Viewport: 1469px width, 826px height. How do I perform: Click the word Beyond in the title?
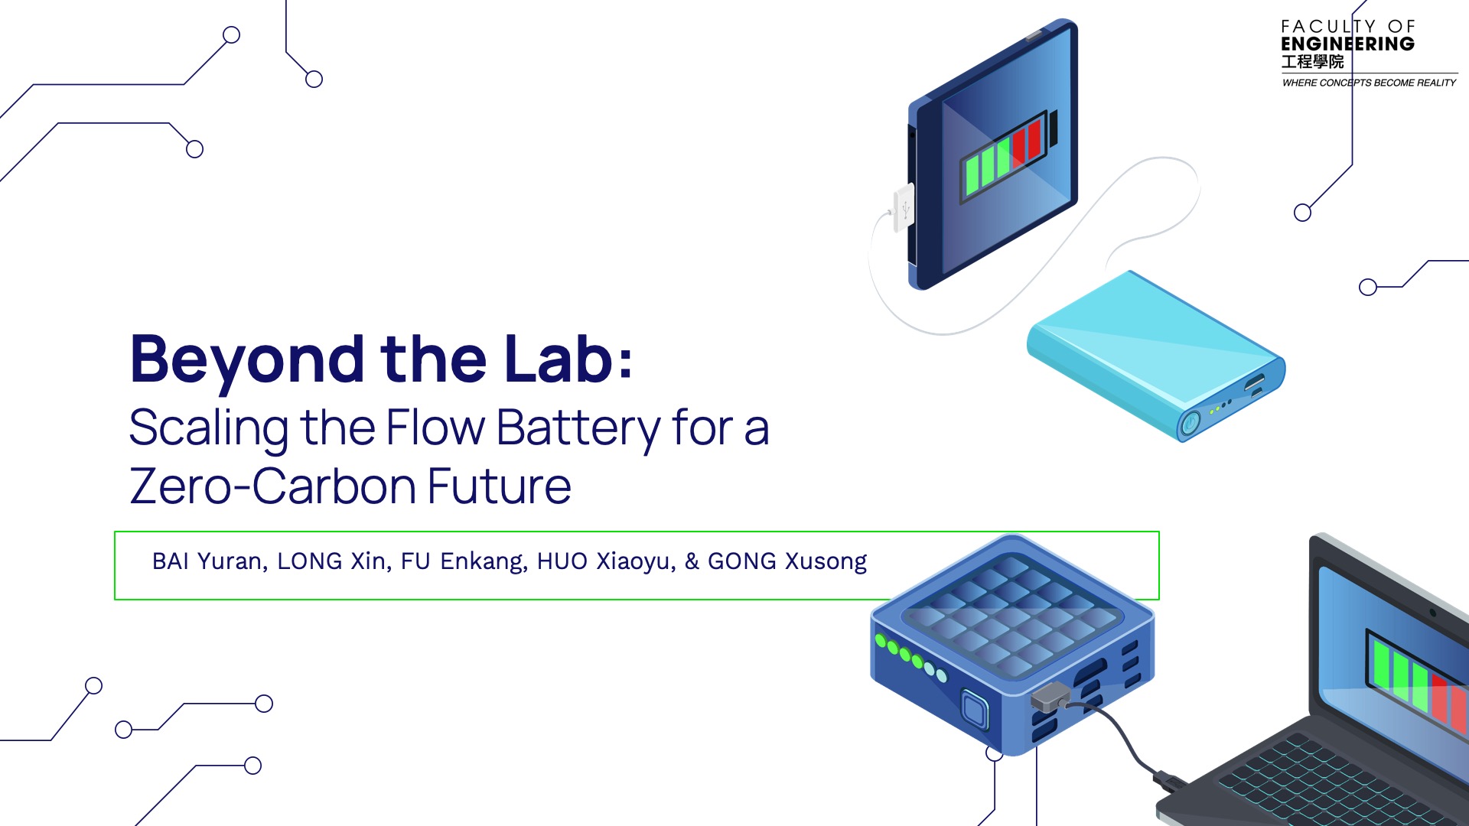pos(247,360)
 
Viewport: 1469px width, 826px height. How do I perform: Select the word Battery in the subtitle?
pos(578,429)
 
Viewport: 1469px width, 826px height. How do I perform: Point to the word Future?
pos(499,486)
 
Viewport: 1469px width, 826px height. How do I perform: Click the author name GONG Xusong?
pos(787,562)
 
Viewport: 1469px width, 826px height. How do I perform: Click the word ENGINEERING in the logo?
pos(1348,44)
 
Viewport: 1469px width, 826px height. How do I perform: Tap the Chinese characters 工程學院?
pos(1313,62)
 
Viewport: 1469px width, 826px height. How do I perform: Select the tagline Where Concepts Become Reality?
pos(1370,83)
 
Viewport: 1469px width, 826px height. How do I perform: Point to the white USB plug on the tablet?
pos(903,207)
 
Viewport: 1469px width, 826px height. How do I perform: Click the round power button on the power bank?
pos(1190,423)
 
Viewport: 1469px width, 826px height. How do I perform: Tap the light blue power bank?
pos(1156,356)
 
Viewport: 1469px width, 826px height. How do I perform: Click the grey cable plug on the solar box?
pos(1050,698)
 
